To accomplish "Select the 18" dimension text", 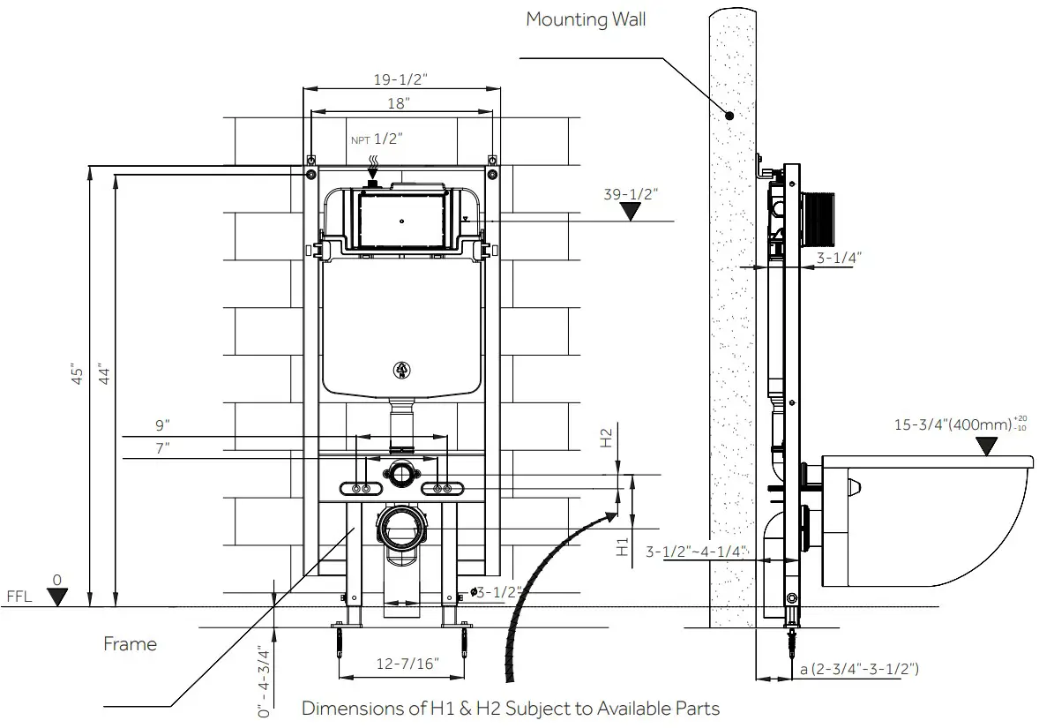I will coord(399,104).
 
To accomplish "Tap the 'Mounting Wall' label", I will coord(586,19).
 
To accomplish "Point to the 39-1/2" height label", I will coord(631,194).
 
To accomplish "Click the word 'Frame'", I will coord(130,644).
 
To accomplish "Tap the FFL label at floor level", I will coord(19,597).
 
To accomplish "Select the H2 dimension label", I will coord(607,439).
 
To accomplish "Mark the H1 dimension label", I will coord(623,547).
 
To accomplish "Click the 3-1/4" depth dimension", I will coord(838,258).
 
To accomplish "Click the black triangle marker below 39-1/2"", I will coord(630,213).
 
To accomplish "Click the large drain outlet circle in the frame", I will coord(401,527).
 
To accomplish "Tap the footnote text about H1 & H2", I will coord(511,708).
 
